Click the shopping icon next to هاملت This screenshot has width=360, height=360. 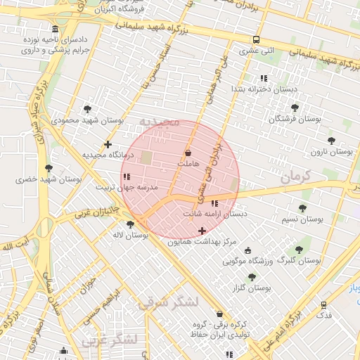coord(188,153)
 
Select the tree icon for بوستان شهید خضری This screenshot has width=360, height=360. coord(49,168)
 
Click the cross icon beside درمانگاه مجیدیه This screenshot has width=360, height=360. coord(108,145)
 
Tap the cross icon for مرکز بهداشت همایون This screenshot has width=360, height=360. coord(202,231)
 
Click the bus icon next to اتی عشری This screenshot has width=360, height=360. coord(256,40)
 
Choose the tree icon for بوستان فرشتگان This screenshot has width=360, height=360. coord(295,108)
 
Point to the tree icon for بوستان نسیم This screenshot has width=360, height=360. coord(302,208)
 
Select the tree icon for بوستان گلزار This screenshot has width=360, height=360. coord(252,277)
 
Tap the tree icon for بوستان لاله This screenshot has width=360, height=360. coord(130,224)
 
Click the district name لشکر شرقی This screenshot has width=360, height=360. coord(169,302)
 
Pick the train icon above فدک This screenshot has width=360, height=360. coord(323,305)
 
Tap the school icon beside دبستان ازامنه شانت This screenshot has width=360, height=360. coord(214,203)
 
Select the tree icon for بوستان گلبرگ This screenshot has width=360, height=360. coord(299,250)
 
